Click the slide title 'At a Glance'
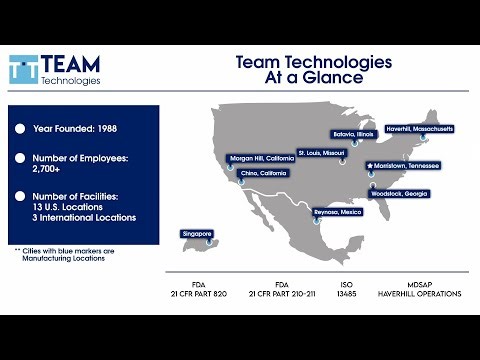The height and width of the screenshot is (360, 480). coord(313,81)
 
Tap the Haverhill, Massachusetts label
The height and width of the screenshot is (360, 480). coord(418,128)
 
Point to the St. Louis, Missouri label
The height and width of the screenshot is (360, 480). coord(322,152)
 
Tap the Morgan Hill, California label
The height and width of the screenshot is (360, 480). coord(261,158)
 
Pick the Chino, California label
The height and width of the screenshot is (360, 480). coord(263,173)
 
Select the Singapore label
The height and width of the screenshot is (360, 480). coord(197,233)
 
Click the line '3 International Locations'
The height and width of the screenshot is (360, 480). coord(80,217)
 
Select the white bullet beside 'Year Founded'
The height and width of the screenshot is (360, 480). coord(20,129)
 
